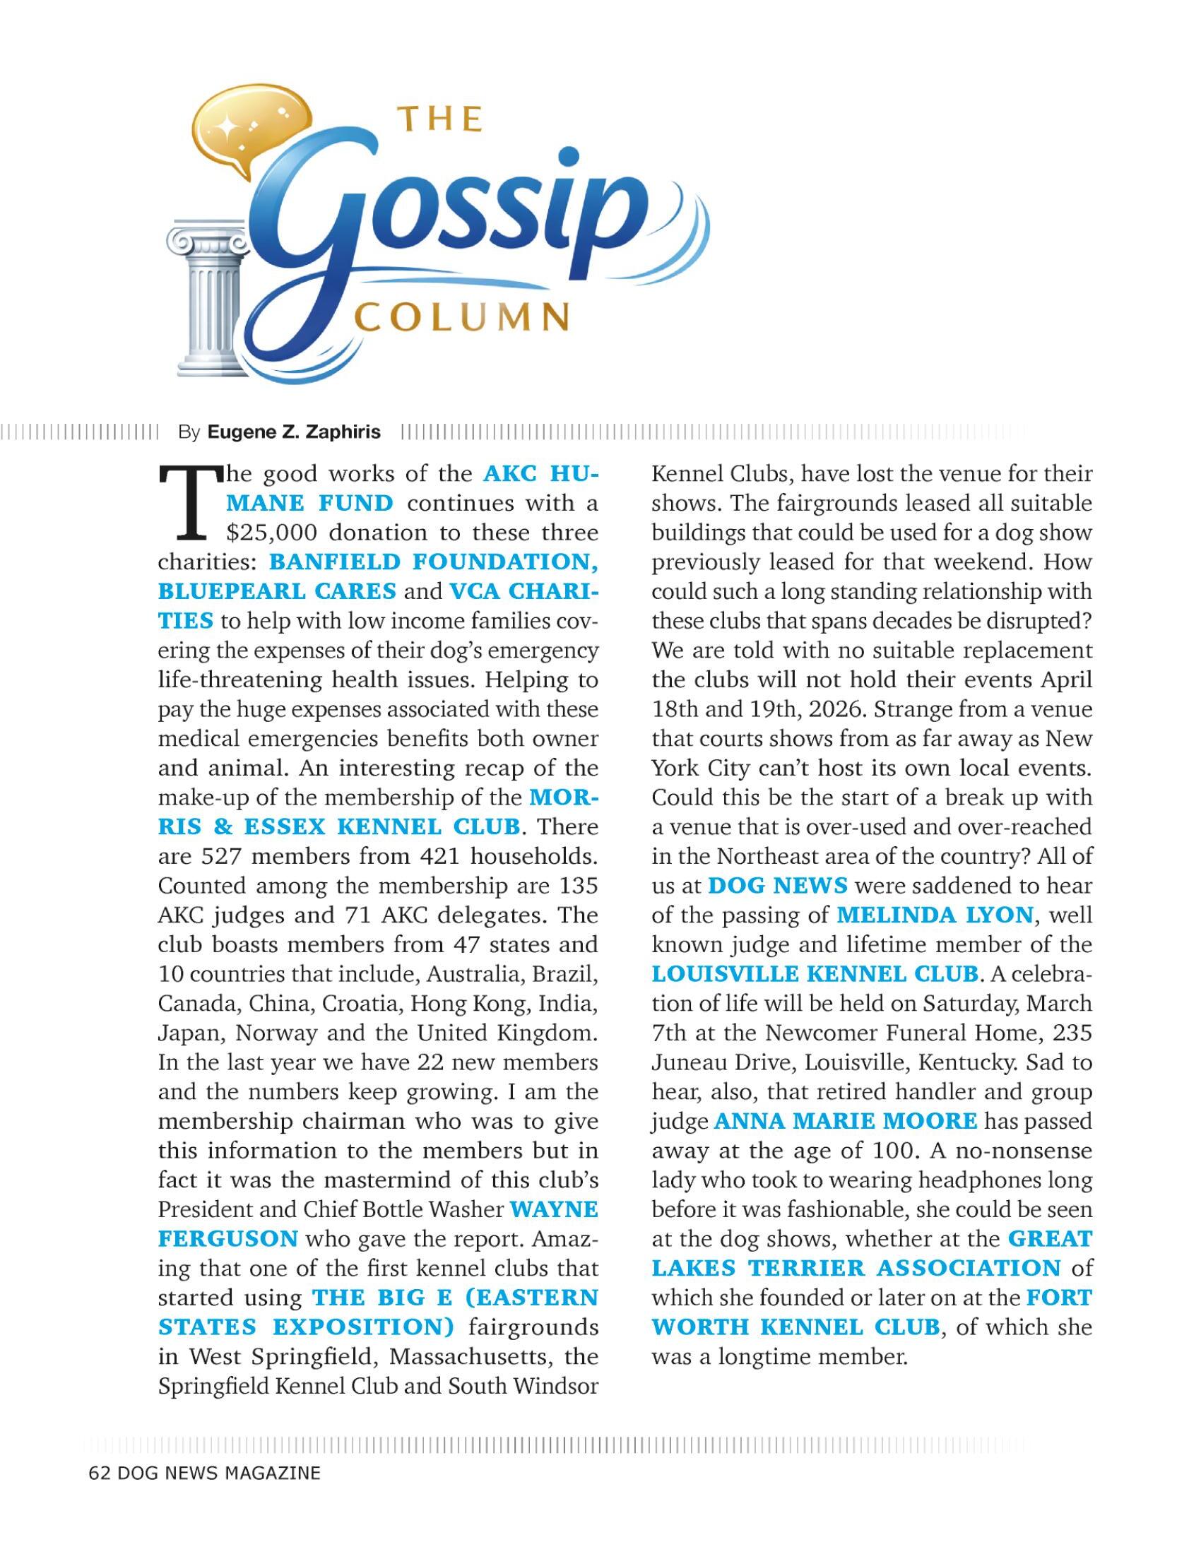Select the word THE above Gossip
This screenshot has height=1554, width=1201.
[439, 119]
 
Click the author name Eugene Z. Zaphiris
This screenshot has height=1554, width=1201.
[294, 432]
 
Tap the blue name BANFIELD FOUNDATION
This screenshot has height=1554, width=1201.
[433, 562]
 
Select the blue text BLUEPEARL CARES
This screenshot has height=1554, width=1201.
[277, 591]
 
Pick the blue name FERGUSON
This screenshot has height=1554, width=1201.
[227, 1238]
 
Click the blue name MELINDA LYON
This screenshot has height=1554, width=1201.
[935, 914]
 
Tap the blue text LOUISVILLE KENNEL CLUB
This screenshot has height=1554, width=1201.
[815, 973]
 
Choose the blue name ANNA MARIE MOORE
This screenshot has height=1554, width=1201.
[845, 1121]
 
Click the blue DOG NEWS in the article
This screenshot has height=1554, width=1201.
[778, 885]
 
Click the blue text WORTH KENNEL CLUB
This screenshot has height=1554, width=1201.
[796, 1327]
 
